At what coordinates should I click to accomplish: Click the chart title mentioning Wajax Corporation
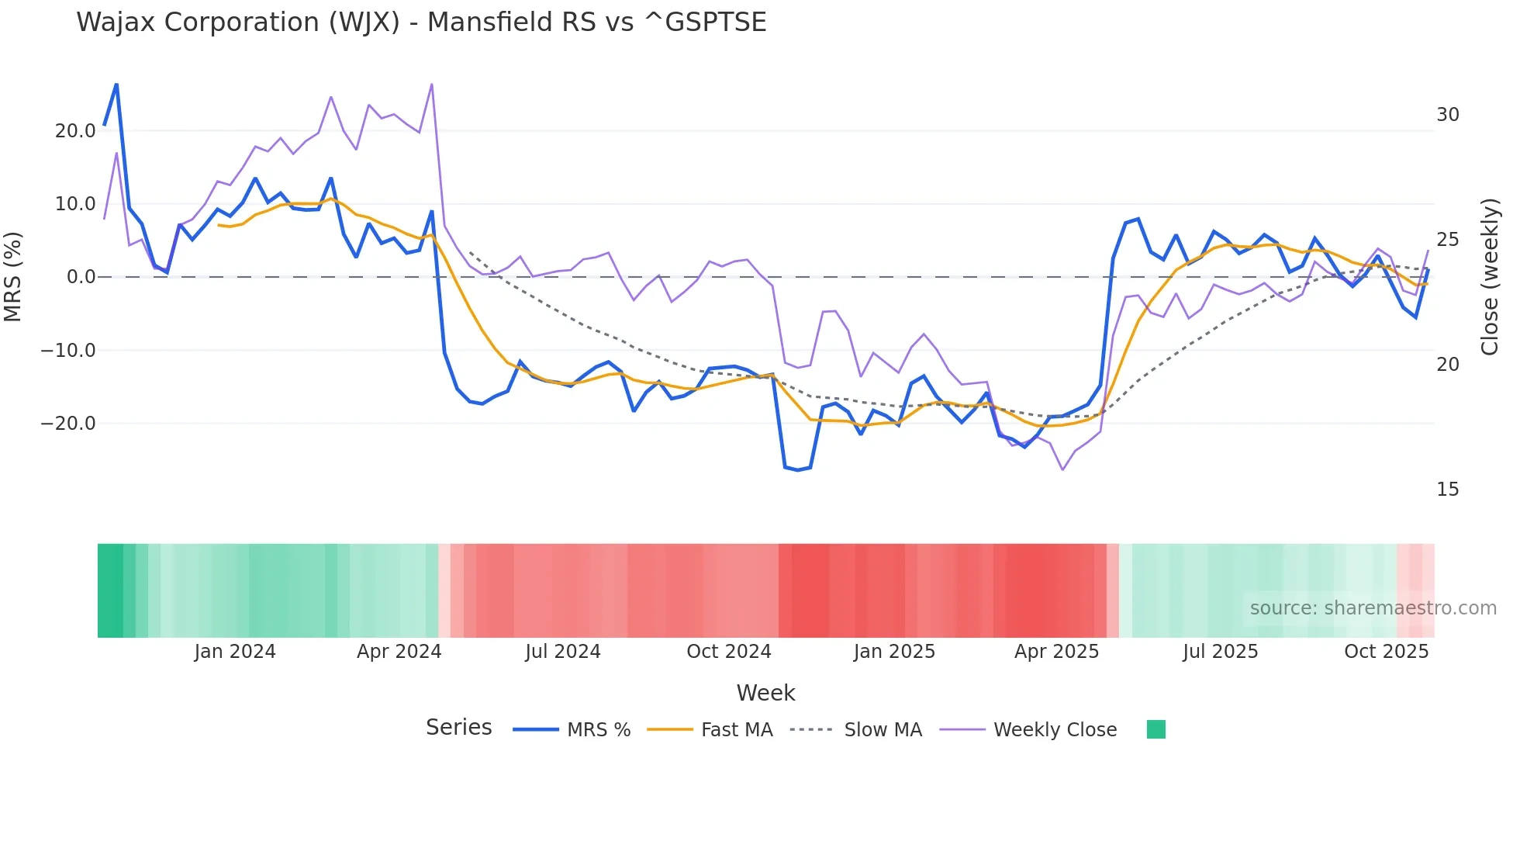tap(421, 22)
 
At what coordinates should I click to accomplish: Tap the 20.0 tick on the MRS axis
tap(75, 131)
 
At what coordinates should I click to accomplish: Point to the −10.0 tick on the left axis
tap(68, 351)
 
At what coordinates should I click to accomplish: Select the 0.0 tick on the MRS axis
tap(81, 277)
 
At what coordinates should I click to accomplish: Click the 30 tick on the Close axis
tap(1447, 115)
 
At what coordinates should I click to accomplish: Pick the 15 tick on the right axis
tap(1447, 490)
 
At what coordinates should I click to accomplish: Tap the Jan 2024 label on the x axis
tap(235, 652)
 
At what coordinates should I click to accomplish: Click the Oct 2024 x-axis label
tap(729, 652)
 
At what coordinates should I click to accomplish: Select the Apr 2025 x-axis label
tap(1056, 652)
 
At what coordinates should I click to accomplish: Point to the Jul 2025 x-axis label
tap(1220, 652)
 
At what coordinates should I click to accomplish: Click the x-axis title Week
tap(765, 693)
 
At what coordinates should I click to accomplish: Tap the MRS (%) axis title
tap(13, 277)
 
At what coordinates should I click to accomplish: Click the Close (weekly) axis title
tap(1489, 277)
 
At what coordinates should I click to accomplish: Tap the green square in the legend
tap(1156, 729)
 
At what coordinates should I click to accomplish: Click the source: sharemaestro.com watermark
tap(1373, 608)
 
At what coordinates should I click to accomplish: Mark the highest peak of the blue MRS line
tap(116, 85)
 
